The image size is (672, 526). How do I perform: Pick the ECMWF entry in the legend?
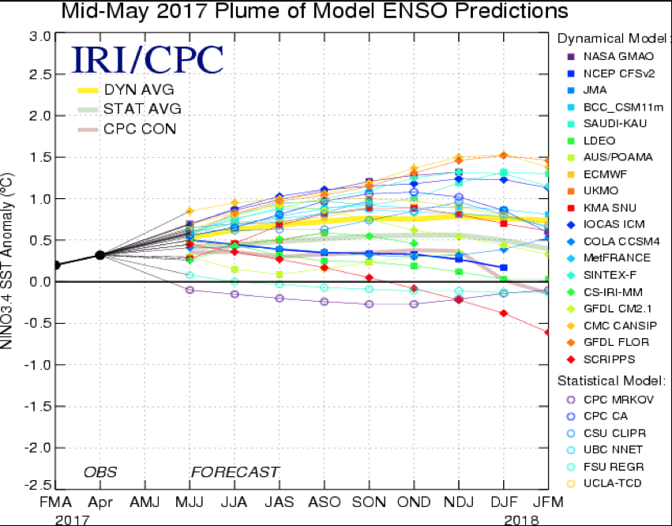click(606, 174)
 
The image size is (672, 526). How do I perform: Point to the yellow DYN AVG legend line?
click(93, 89)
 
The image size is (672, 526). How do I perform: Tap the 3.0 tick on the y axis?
click(41, 36)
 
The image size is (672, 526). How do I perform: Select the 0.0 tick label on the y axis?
click(41, 281)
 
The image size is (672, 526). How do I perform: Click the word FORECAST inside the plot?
click(235, 472)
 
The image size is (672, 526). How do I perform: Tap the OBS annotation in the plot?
click(100, 472)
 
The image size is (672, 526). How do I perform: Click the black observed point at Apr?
click(100, 254)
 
